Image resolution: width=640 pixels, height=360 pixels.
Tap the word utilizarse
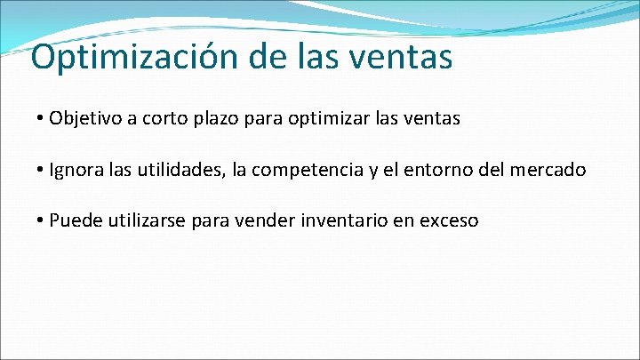click(144, 220)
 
